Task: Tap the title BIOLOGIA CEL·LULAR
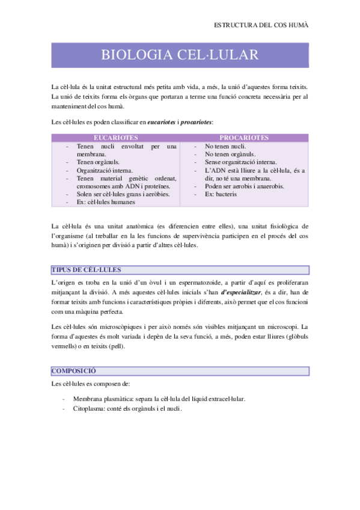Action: click(180, 55)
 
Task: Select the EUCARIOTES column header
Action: click(116, 138)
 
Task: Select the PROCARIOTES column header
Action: click(243, 138)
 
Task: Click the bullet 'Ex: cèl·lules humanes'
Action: click(106, 202)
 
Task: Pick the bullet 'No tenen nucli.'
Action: click(225, 146)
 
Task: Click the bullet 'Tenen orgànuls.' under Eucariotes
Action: click(97, 162)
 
